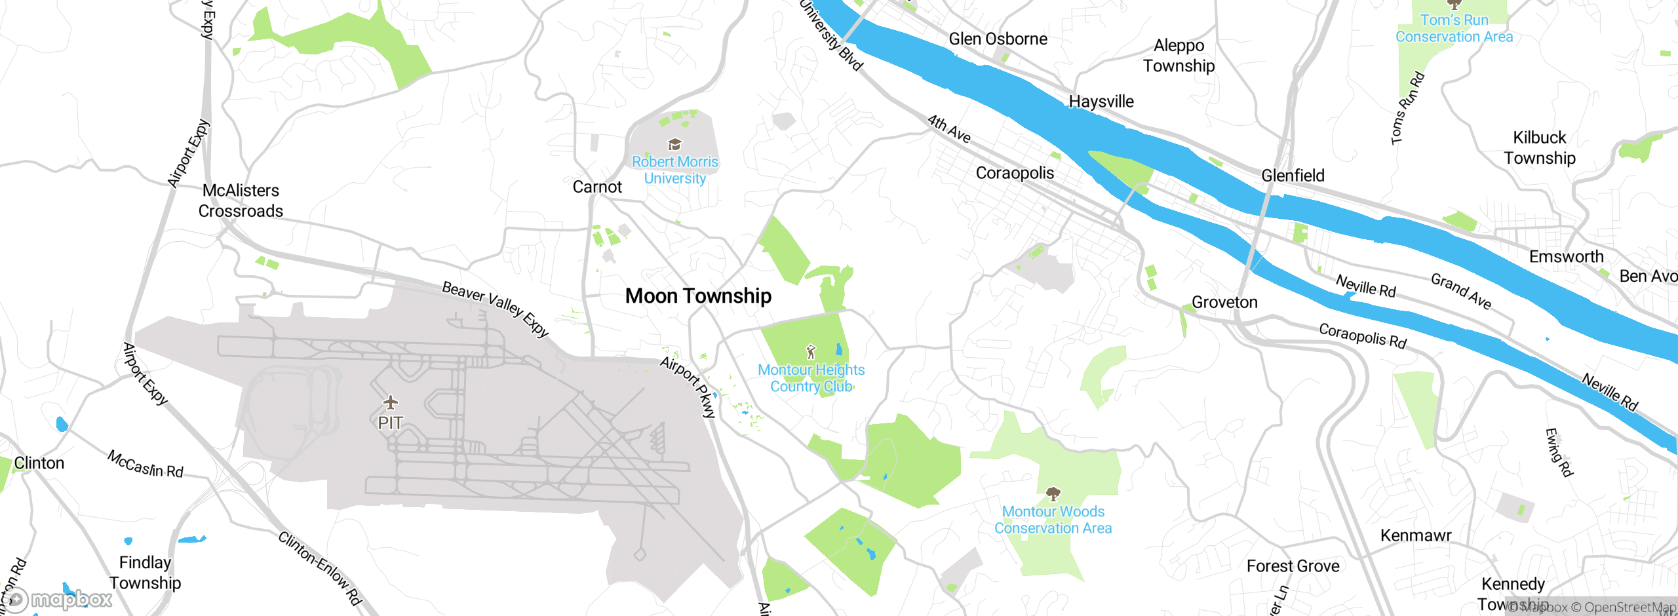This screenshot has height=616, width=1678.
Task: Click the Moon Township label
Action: (698, 296)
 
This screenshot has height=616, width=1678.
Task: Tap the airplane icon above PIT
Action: (391, 402)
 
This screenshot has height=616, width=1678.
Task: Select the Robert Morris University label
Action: (674, 170)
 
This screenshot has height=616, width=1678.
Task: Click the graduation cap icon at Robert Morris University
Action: (674, 144)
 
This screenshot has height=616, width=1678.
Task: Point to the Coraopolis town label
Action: (1015, 173)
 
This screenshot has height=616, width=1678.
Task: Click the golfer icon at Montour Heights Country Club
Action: (811, 352)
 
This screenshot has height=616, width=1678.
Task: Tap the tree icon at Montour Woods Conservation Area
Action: (1053, 493)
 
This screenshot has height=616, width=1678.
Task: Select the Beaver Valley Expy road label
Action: (495, 308)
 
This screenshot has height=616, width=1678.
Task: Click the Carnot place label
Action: (596, 187)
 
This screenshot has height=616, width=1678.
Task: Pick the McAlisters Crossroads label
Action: (241, 201)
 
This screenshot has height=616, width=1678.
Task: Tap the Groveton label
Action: (1224, 302)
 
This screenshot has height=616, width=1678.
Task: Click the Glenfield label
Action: (1293, 176)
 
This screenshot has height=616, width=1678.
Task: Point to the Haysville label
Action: (1101, 102)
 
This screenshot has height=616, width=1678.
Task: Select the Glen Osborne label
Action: (998, 39)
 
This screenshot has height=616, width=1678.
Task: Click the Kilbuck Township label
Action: (1539, 147)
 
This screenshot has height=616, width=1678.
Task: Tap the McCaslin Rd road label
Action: (146, 464)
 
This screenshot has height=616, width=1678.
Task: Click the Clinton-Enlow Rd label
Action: (320, 568)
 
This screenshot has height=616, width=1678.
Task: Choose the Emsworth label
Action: (1566, 257)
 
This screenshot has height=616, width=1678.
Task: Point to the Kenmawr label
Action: (1416, 535)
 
